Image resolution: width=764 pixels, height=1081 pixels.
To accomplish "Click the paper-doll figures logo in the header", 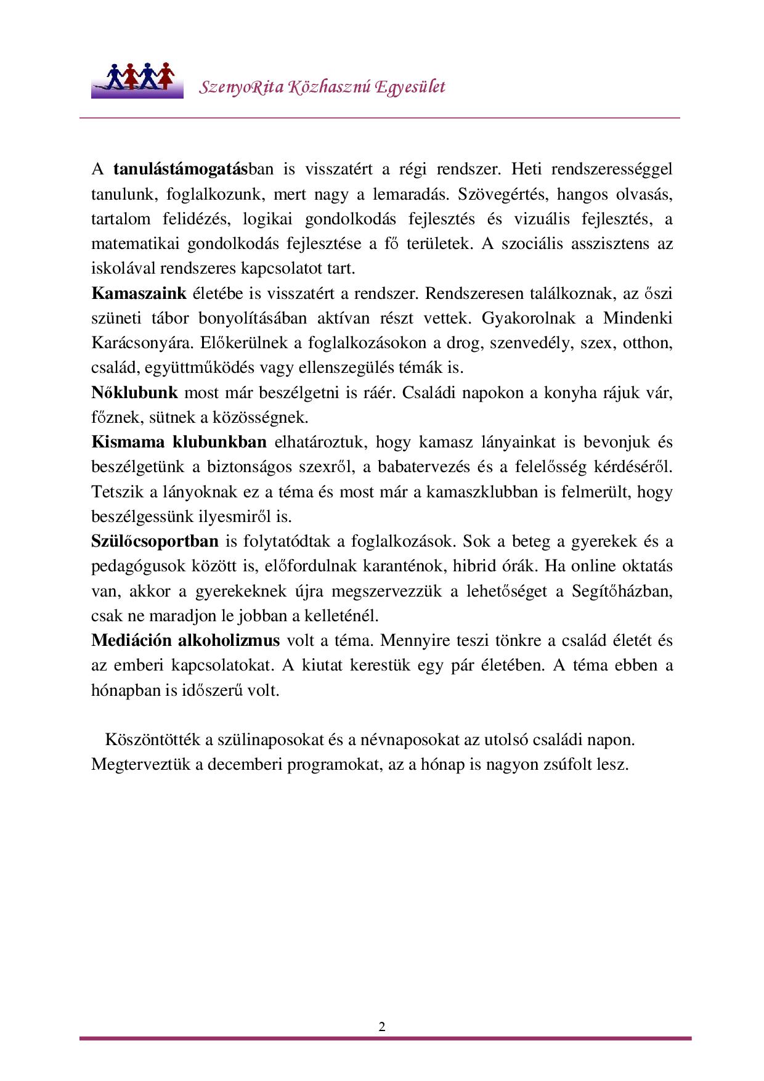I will click(x=137, y=80).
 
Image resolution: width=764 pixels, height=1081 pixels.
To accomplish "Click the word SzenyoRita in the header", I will click(x=242, y=87).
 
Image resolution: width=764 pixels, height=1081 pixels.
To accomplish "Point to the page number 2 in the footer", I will click(x=382, y=1027).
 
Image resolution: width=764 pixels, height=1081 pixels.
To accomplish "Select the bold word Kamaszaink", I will click(x=139, y=293).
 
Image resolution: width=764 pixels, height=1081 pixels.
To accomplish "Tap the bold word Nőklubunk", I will click(x=134, y=393).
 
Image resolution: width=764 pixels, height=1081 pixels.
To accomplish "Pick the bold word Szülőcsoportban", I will click(x=155, y=541).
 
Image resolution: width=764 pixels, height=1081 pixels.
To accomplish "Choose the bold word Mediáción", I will click(x=131, y=640).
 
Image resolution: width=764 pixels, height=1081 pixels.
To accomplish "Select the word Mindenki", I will click(x=637, y=318).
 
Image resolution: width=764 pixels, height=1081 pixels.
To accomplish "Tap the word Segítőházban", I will click(x=622, y=591).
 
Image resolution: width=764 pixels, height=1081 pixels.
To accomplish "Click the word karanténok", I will click(x=400, y=566).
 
